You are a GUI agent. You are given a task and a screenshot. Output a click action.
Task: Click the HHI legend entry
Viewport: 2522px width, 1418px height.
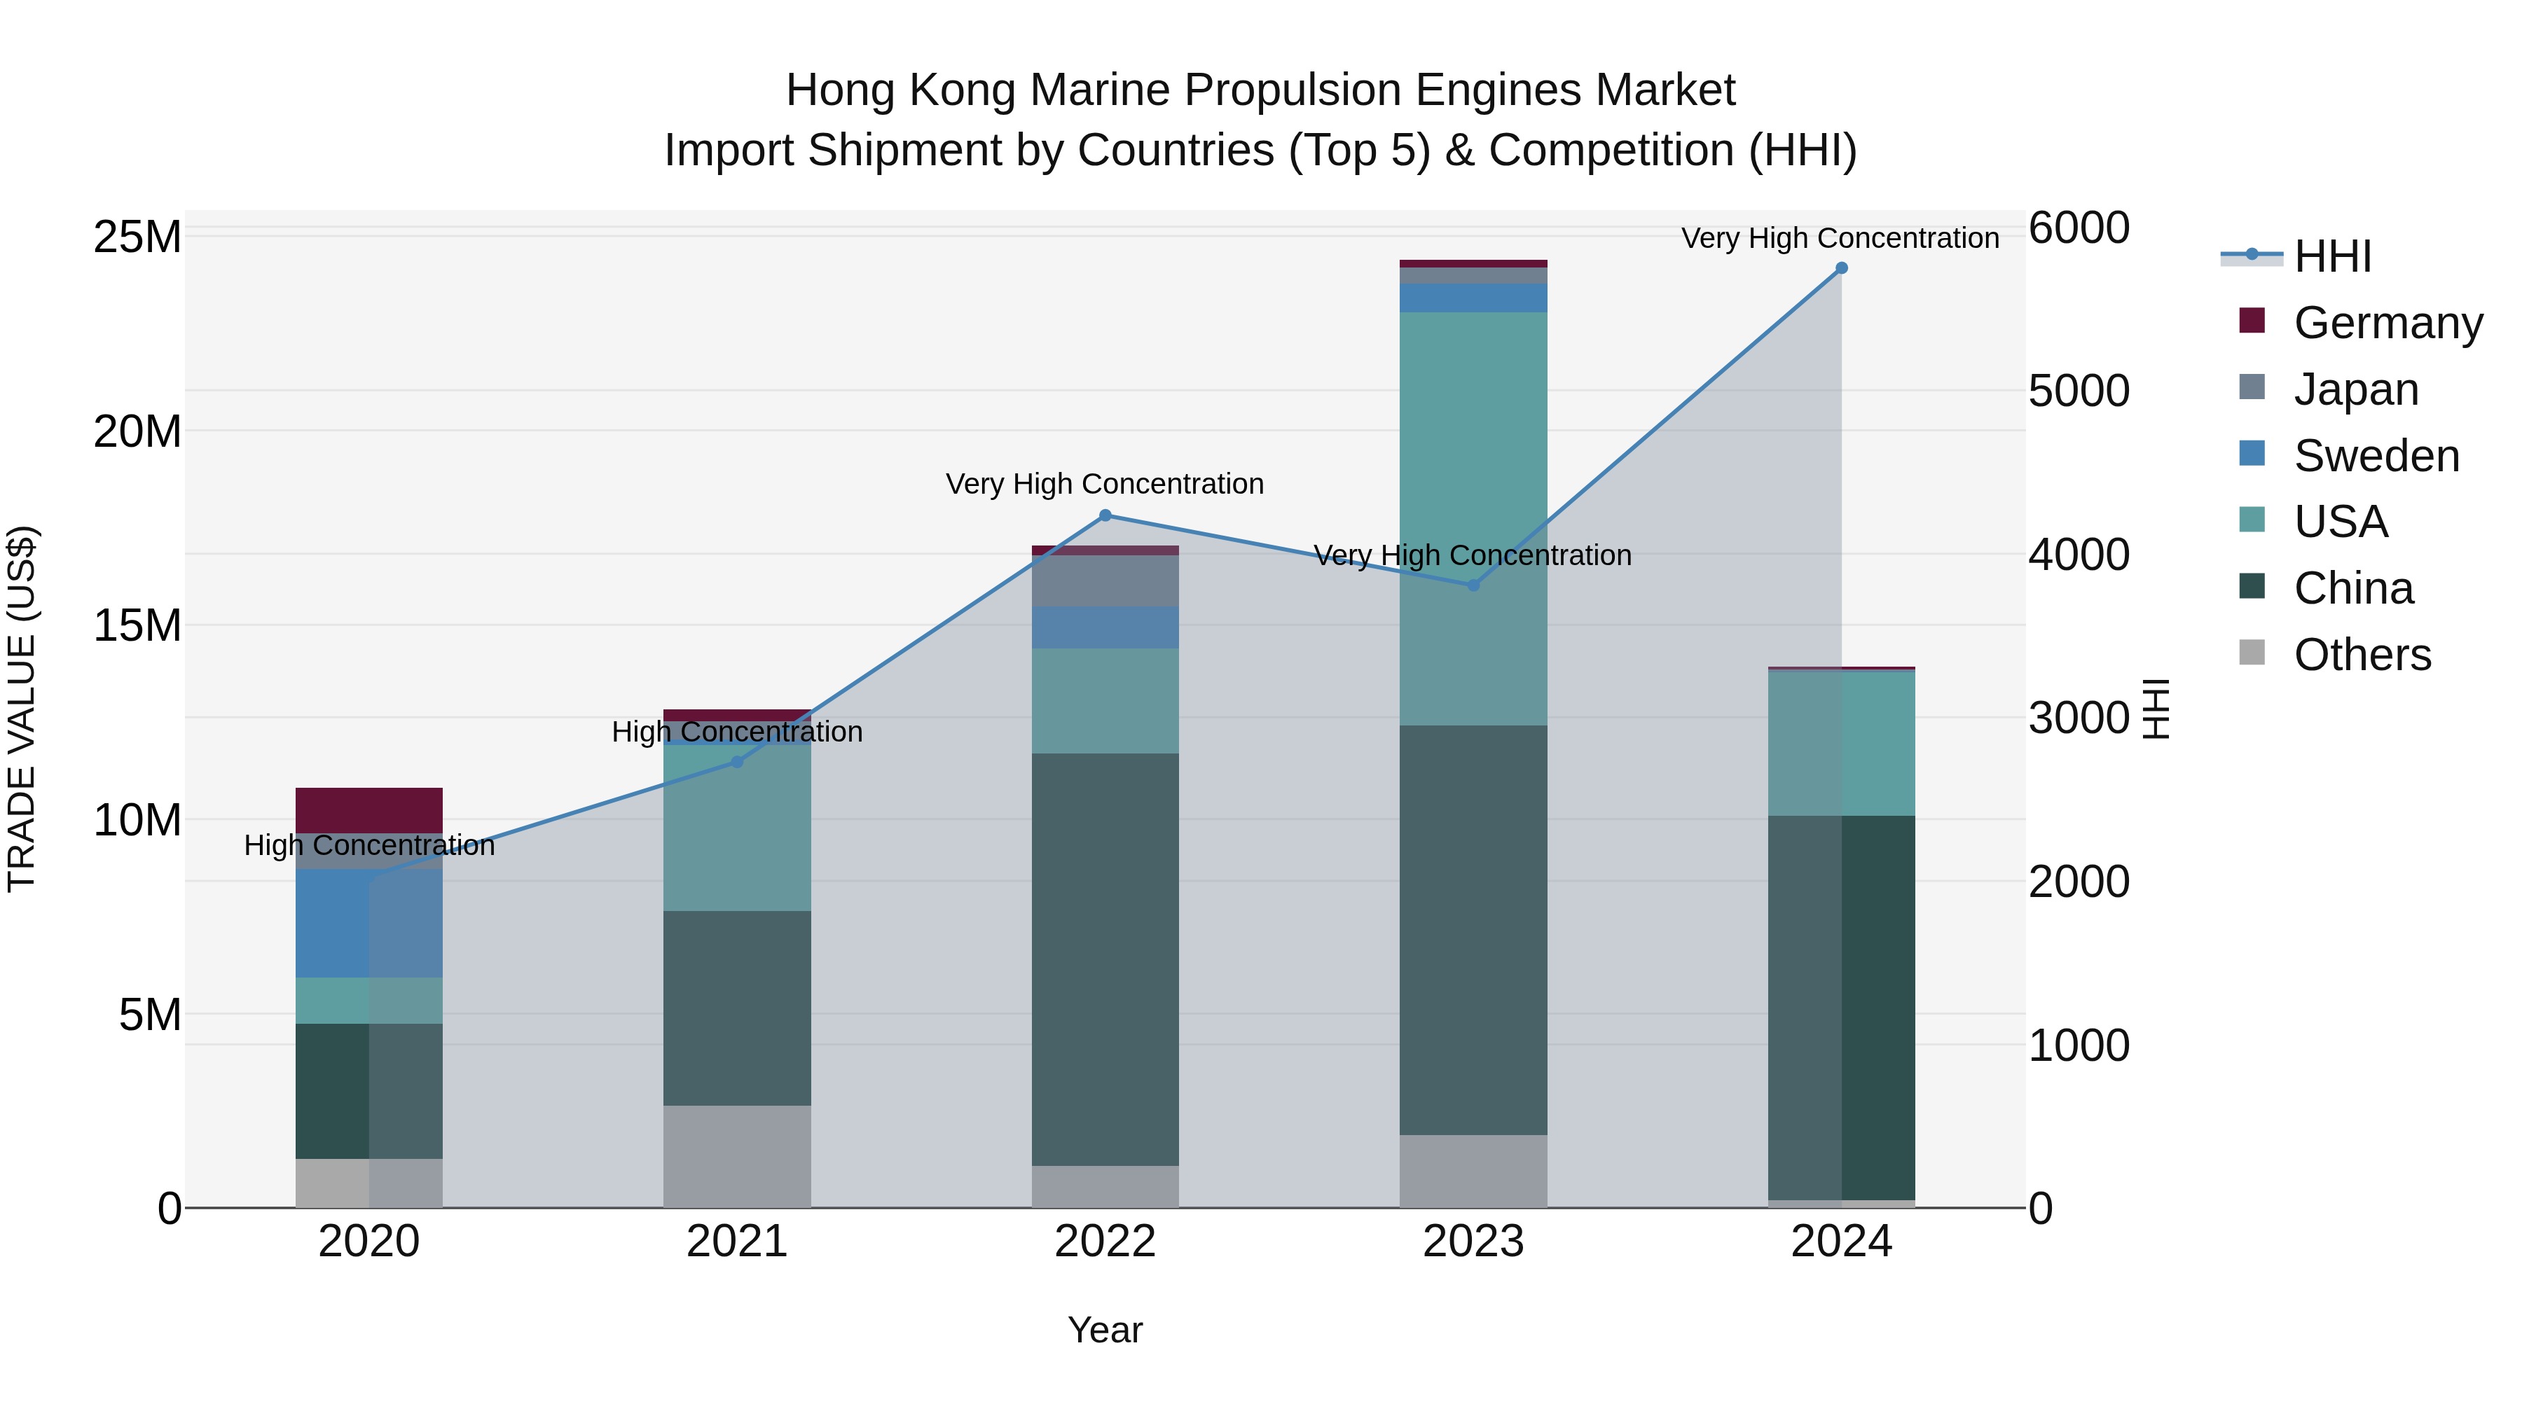coord(2331,256)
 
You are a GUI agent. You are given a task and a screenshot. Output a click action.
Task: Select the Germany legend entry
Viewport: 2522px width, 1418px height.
coord(2387,323)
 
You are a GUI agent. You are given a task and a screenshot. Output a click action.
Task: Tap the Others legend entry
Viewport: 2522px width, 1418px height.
coord(2362,655)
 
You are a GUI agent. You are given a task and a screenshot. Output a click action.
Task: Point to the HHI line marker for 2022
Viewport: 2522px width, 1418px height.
coord(1105,515)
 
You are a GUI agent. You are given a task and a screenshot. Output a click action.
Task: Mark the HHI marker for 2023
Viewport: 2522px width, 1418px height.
coord(1473,585)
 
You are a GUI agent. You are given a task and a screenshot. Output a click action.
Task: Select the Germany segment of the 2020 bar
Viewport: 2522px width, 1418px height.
coord(369,809)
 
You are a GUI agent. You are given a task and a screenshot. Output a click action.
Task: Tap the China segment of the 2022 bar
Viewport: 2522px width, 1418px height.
coord(1105,959)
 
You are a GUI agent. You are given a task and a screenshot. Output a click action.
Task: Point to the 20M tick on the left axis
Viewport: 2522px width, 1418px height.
coord(137,431)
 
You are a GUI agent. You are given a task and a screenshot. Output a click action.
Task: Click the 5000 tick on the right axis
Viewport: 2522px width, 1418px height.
coord(2079,391)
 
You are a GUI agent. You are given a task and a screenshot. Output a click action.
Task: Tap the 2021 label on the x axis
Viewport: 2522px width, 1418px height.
coord(737,1242)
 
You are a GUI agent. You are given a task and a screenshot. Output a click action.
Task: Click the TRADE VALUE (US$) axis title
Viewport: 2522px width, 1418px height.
coord(22,709)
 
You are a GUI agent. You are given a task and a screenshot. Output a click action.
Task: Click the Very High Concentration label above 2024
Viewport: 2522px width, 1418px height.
coord(1840,239)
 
